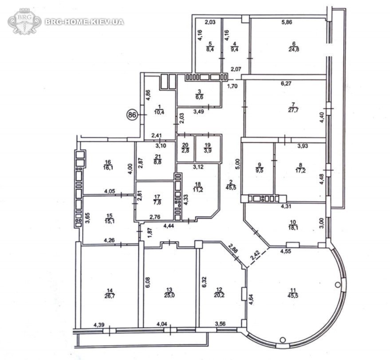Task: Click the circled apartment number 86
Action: (132, 115)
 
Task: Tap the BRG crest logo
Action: (24, 21)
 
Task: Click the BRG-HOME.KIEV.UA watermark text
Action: (84, 22)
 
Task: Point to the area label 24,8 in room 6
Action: (294, 49)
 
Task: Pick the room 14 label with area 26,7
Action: (110, 293)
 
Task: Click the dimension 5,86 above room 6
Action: (287, 22)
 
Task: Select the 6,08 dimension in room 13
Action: (148, 283)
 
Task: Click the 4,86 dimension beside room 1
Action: (148, 95)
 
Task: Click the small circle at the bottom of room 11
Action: (283, 339)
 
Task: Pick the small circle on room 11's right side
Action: (337, 285)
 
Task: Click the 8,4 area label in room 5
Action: (210, 49)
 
